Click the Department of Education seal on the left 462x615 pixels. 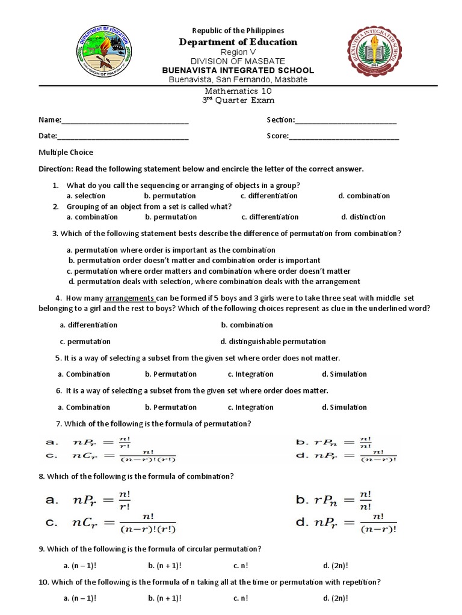108,52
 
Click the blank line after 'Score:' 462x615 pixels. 343,136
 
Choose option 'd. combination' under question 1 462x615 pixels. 364,196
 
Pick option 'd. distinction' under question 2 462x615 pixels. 363,217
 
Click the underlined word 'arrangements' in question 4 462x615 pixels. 131,298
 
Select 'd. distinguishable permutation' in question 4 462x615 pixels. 273,341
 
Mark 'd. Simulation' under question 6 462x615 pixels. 344,407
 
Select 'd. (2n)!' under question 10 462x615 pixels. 336,598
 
